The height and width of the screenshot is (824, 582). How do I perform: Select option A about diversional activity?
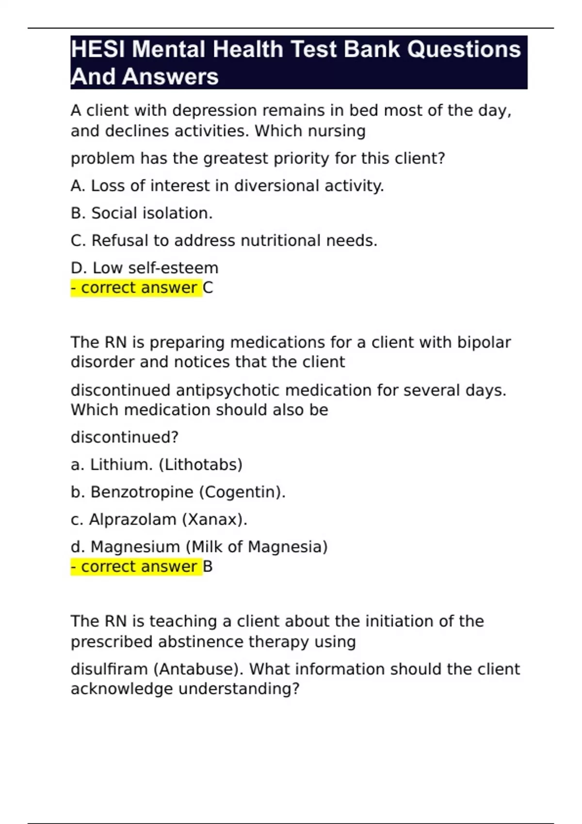pyautogui.click(x=227, y=186)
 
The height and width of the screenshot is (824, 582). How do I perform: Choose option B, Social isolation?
pyautogui.click(x=142, y=213)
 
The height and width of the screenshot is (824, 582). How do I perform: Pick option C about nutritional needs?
pyautogui.click(x=224, y=240)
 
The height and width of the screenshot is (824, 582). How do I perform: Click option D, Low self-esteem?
pyautogui.click(x=145, y=268)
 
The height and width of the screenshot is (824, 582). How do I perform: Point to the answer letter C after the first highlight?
pyautogui.click(x=208, y=288)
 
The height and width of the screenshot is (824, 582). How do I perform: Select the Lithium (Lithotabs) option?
pyautogui.click(x=156, y=464)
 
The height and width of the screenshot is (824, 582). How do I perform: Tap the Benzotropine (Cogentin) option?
pyautogui.click(x=178, y=492)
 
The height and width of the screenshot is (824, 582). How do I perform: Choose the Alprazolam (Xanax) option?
pyautogui.click(x=159, y=519)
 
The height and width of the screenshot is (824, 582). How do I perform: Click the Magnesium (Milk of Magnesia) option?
pyautogui.click(x=199, y=547)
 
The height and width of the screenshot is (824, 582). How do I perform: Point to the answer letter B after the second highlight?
pyautogui.click(x=208, y=567)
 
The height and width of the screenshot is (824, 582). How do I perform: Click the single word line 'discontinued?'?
pyautogui.click(x=125, y=437)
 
